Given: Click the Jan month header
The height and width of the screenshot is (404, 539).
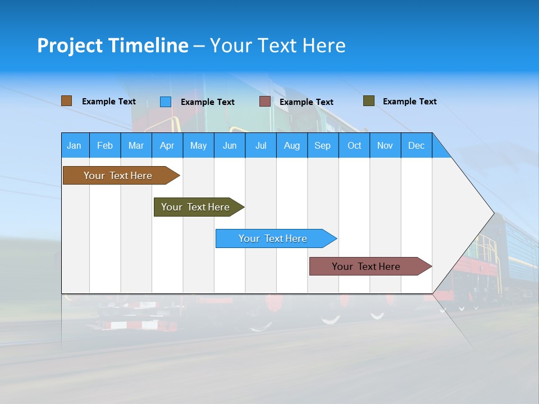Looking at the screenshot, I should (x=75, y=145).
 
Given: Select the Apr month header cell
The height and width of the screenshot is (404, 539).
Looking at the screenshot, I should (x=167, y=145).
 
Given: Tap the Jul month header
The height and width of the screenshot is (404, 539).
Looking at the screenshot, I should (x=261, y=145).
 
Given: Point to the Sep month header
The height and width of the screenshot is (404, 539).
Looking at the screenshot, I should (x=322, y=145).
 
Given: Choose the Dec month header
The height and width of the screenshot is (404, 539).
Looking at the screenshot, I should (x=416, y=145).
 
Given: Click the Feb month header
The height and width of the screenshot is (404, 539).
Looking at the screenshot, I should (x=105, y=145).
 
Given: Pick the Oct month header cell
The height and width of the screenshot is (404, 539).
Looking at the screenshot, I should (x=354, y=145).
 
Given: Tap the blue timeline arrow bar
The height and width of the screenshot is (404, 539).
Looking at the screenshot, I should (x=273, y=238).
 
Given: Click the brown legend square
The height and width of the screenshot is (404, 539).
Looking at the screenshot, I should (x=67, y=101).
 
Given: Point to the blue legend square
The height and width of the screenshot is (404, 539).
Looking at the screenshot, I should (x=166, y=102).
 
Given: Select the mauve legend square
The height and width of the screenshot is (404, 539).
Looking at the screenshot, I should (x=265, y=102).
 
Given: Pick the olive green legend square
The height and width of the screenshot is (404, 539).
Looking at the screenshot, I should (x=369, y=101).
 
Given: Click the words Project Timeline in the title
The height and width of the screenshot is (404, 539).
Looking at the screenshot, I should (x=112, y=45).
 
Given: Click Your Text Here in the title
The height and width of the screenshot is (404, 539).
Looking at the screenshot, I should (x=277, y=45).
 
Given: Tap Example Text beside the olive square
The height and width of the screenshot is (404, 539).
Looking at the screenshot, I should (x=409, y=102).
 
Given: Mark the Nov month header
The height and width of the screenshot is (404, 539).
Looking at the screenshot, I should (x=385, y=145).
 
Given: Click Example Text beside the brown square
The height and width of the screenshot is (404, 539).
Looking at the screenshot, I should (x=108, y=102).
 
